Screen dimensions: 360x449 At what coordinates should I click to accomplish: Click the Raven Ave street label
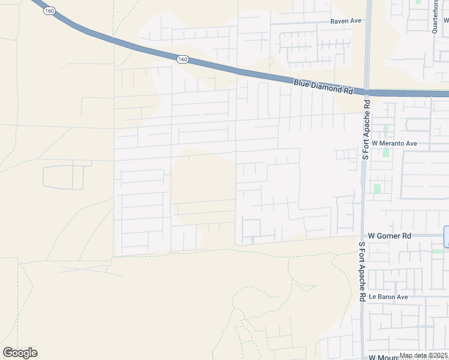pos(346,20)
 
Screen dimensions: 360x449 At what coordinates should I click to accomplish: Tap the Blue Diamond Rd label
pos(323,87)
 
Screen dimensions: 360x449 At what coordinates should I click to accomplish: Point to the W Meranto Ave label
pos(394,144)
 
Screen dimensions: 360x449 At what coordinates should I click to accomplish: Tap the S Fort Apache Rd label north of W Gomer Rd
pos(364,130)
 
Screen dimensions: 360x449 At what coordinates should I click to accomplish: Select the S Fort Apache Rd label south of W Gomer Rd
pos(363,271)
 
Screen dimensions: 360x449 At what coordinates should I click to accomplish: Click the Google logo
pos(20,353)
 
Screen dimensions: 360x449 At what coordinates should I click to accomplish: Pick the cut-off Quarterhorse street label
pos(436,17)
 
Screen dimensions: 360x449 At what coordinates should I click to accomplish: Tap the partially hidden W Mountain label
pos(390,358)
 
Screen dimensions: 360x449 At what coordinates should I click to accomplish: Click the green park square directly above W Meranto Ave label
pos(385,128)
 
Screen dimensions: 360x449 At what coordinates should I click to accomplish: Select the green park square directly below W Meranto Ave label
pos(385,152)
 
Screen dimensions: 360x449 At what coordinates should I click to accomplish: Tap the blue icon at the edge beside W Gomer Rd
pos(446,236)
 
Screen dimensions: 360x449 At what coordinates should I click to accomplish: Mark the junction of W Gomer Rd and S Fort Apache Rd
pos(362,236)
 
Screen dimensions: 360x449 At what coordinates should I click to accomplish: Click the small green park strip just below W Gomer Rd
pos(438,251)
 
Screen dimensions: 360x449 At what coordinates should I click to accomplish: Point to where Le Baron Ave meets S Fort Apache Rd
pos(363,297)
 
